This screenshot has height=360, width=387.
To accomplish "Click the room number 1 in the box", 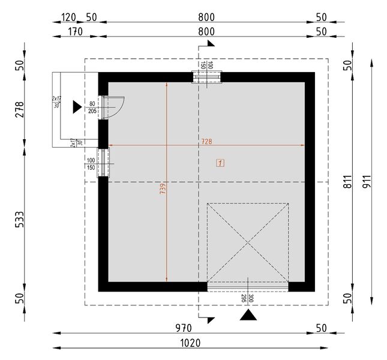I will click(x=221, y=163).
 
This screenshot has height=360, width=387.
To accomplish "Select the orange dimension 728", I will click(x=207, y=142).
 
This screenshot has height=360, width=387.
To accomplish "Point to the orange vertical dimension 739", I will click(x=163, y=188).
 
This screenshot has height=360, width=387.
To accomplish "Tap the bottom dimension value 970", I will click(x=183, y=328).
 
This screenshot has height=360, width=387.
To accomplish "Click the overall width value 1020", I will click(x=190, y=343).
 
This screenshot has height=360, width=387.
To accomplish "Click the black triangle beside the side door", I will click(x=76, y=107).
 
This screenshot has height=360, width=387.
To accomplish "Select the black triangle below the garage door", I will click(x=248, y=316).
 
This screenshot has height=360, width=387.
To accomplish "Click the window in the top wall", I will click(x=206, y=76).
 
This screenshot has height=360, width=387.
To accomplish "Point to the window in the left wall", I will click(x=103, y=163).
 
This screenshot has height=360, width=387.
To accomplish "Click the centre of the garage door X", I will click(x=248, y=242).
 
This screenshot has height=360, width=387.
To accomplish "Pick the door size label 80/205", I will click(x=92, y=107).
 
